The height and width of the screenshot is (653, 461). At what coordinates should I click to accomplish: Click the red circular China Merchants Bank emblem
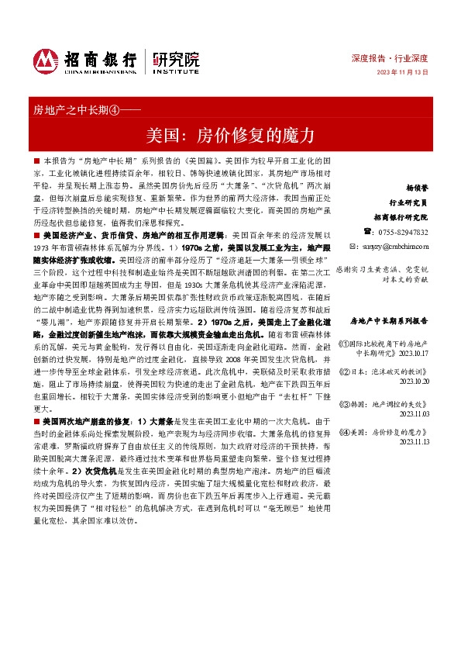(x=46, y=61)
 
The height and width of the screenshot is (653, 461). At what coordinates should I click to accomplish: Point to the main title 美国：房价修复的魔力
(x=230, y=133)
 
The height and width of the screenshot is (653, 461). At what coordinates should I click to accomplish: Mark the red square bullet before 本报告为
(x=36, y=159)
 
